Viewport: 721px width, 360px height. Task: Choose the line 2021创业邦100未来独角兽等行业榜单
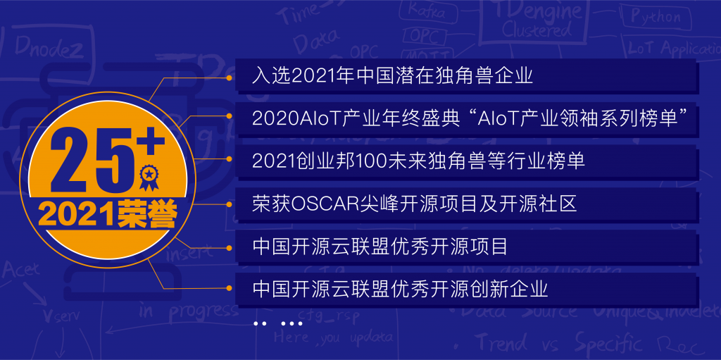(x=418, y=161)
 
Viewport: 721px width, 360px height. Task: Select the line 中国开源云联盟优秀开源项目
(x=380, y=247)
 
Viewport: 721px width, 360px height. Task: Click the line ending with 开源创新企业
(x=399, y=289)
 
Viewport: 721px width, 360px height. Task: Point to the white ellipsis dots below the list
(x=277, y=323)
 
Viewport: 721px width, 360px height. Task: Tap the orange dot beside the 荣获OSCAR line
(x=229, y=204)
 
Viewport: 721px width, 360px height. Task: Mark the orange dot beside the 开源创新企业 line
(x=229, y=289)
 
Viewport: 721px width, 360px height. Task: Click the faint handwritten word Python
(x=656, y=16)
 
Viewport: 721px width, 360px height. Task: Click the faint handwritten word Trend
(x=500, y=343)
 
